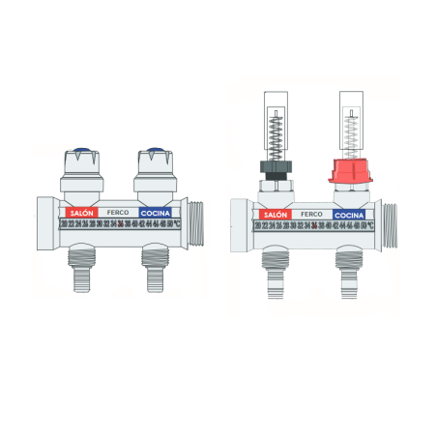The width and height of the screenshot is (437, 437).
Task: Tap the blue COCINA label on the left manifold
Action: click(x=156, y=212)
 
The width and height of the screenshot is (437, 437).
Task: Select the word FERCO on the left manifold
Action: click(x=117, y=212)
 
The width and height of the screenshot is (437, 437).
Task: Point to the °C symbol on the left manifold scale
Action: click(x=177, y=223)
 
